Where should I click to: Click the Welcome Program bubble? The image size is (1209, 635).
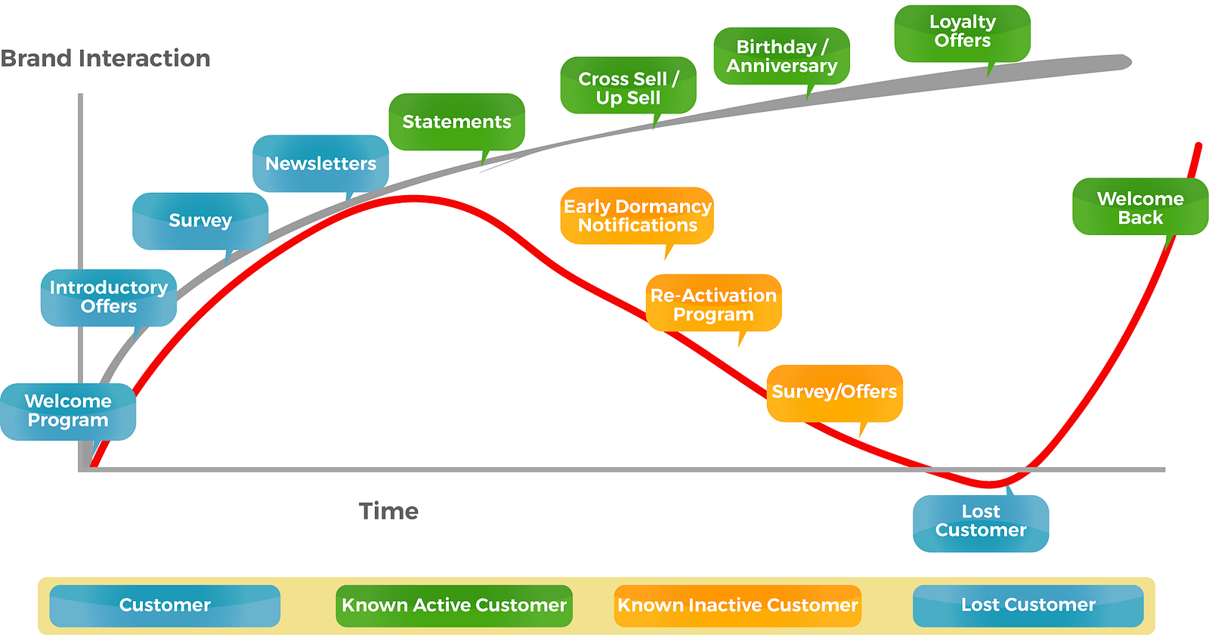68,411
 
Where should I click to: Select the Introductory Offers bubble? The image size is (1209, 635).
109,298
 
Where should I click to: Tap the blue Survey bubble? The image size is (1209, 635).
200,221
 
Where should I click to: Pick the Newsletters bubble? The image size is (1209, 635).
320,163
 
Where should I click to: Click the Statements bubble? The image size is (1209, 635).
456,122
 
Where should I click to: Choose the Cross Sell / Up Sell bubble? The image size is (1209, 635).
628,85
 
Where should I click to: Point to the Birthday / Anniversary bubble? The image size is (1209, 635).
781,56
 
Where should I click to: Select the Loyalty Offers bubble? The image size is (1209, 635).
963,33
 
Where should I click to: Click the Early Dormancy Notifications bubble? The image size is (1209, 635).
637,215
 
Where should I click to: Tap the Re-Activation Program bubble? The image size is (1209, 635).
713,302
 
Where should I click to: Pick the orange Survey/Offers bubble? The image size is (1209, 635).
834,393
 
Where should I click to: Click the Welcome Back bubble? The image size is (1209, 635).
1140,206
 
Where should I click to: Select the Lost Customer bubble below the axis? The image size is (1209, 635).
981,523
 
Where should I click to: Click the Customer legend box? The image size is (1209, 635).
165,606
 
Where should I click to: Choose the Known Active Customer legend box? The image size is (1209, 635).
454,606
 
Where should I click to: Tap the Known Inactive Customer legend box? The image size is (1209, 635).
737,606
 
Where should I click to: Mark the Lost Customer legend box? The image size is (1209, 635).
1028,606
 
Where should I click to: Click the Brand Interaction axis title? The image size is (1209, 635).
105,58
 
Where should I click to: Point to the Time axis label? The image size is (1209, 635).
388,511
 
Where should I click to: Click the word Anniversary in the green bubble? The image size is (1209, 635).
781,66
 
